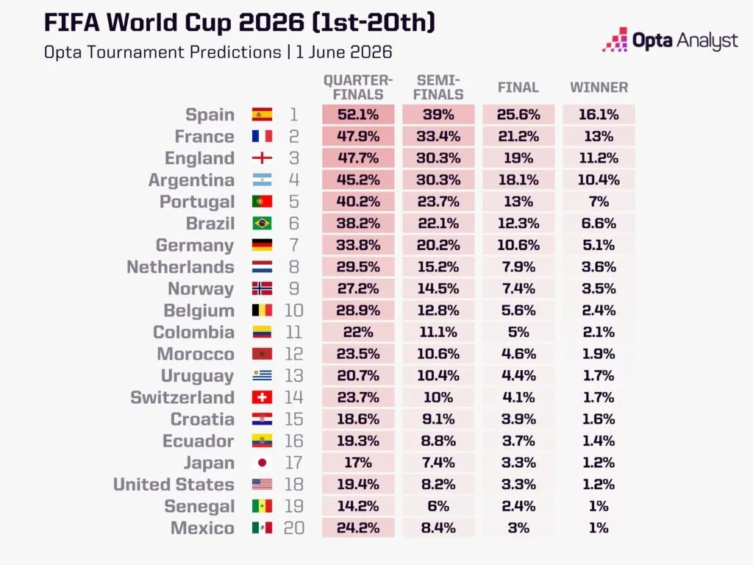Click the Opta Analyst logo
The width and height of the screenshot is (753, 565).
[670, 40]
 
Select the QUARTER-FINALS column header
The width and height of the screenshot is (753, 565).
[358, 88]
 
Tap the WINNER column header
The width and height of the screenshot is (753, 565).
[599, 88]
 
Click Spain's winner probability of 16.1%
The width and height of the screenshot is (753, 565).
[599, 115]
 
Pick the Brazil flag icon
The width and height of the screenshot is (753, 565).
[263, 224]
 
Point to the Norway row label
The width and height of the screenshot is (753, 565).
[201, 288]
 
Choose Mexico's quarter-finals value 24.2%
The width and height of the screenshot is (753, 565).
[358, 528]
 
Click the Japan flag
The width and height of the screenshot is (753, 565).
[263, 463]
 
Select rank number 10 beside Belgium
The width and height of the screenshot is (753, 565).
[294, 310]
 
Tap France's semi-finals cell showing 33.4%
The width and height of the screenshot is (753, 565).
[438, 136]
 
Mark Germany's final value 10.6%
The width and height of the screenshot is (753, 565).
[518, 245]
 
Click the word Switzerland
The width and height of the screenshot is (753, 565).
[182, 398]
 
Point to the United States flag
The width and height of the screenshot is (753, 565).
[263, 484]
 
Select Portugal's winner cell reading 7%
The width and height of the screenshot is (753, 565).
[599, 202]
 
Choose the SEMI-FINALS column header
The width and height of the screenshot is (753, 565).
[438, 88]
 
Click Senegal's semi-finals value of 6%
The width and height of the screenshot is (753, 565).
[438, 506]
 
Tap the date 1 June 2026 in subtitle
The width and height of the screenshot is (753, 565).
[344, 52]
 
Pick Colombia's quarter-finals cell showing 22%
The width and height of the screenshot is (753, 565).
[358, 332]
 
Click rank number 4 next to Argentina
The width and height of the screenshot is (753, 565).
[294, 180]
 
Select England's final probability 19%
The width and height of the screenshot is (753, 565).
[518, 158]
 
